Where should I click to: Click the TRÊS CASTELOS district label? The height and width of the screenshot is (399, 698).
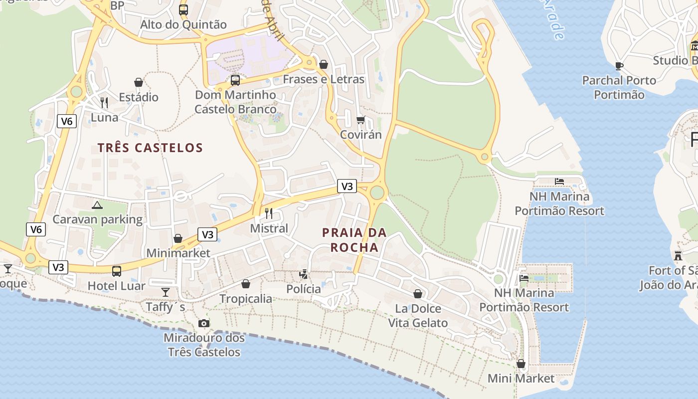click(x=150, y=148)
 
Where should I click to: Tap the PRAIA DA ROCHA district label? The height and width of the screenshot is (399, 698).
click(x=354, y=240)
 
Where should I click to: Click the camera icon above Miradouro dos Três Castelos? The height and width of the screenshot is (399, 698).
click(x=203, y=323)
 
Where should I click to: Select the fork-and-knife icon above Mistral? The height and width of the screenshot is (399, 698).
click(x=269, y=213)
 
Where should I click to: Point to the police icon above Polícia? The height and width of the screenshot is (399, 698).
click(x=303, y=274)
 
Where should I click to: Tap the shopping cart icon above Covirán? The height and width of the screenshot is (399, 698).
click(x=360, y=120)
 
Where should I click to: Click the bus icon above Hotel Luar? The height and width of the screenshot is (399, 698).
click(x=116, y=271)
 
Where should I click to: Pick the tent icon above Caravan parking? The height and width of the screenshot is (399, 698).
click(x=97, y=204)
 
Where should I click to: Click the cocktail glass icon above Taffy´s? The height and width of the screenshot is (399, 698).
click(x=166, y=292)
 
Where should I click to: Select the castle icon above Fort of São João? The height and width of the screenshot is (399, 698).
click(x=678, y=256)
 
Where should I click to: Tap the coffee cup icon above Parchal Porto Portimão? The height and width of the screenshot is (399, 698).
click(x=619, y=65)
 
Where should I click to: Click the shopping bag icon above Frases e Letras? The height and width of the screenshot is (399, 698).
click(x=323, y=64)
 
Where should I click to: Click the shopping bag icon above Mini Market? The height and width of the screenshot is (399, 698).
click(x=521, y=364)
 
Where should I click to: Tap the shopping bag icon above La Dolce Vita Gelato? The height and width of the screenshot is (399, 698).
click(x=418, y=294)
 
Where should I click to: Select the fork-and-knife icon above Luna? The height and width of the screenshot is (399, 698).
click(x=104, y=103)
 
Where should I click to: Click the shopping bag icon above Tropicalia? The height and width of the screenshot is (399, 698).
click(x=246, y=284)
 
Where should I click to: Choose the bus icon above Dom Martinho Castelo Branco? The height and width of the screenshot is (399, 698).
click(x=235, y=80)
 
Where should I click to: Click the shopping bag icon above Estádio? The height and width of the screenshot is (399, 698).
click(x=139, y=82)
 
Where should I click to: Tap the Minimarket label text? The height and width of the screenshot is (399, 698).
click(x=178, y=253)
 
